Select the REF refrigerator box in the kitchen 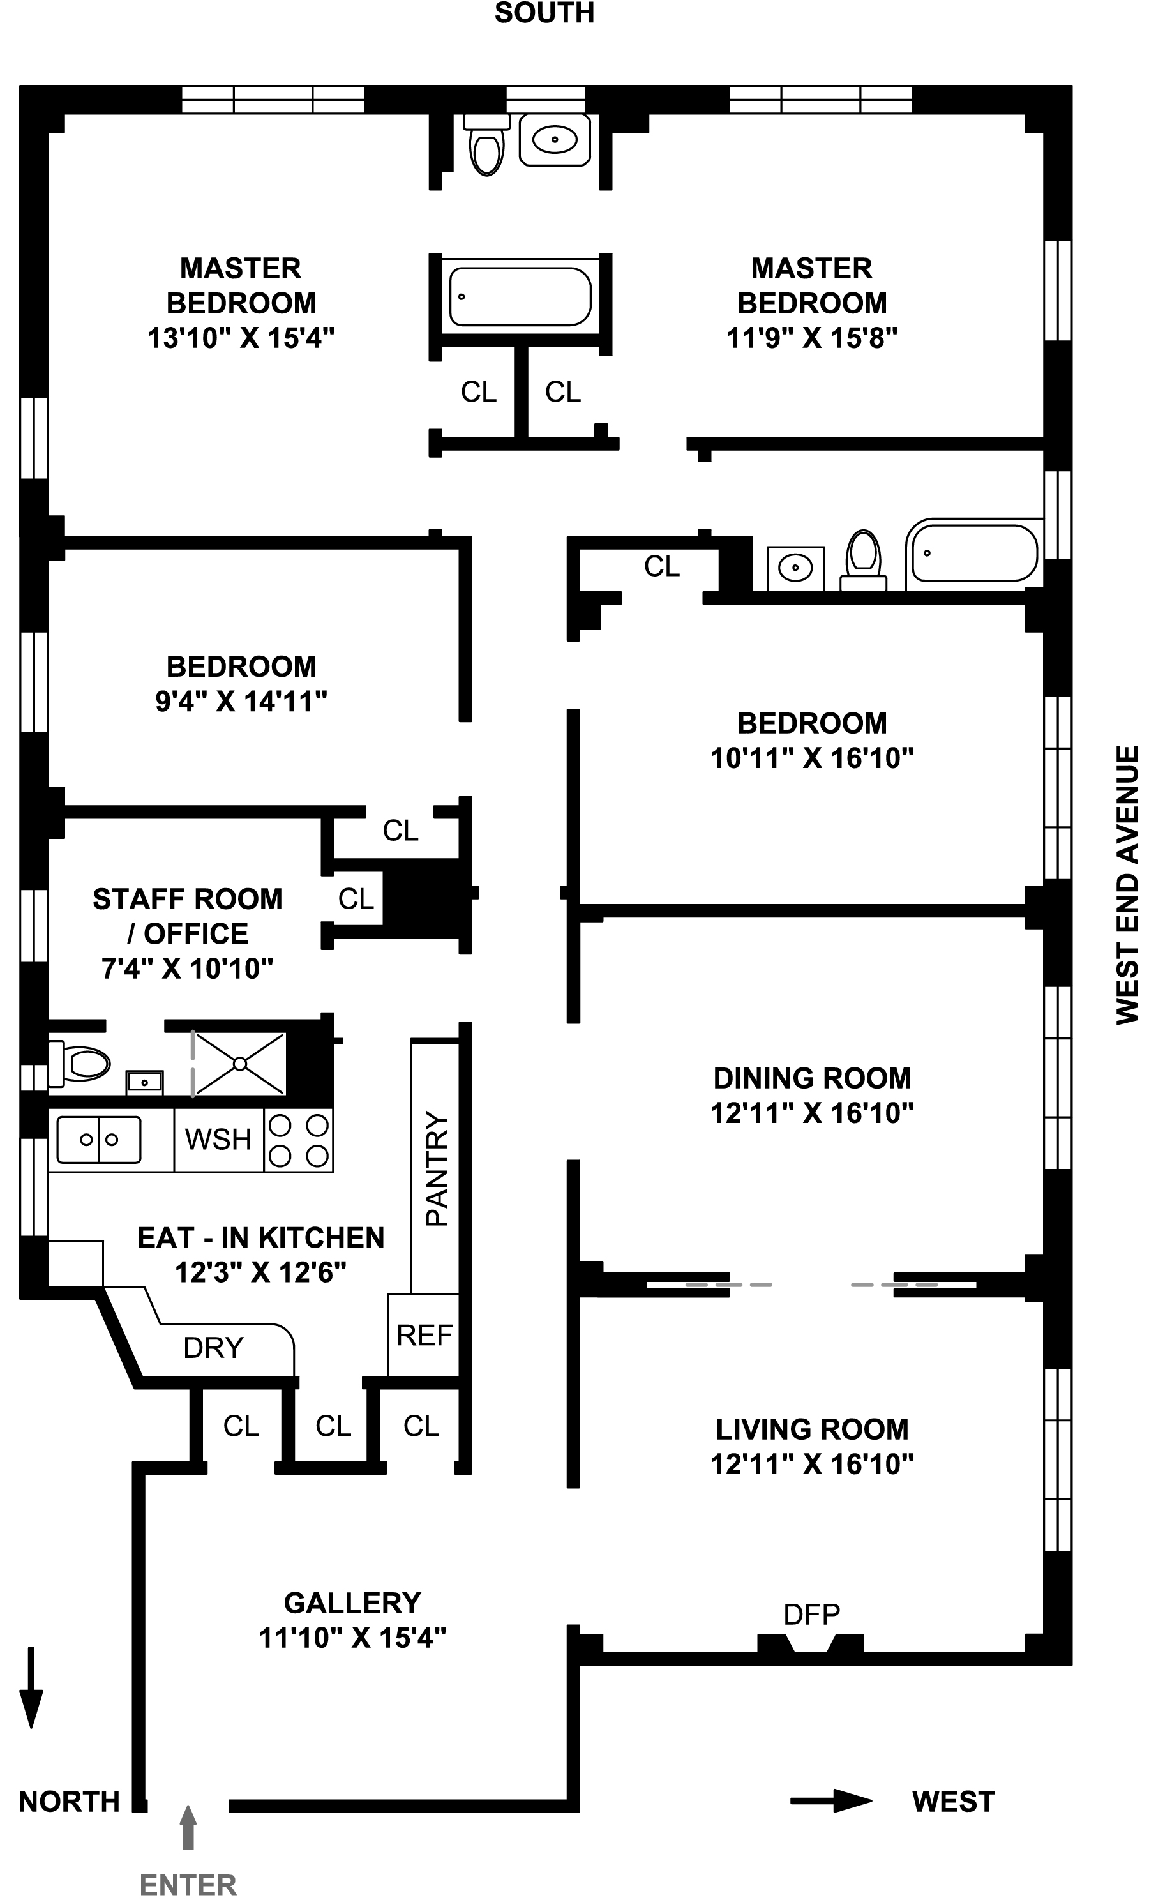point(423,1335)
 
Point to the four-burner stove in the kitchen point(299,1140)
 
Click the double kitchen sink point(100,1139)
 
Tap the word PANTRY point(437,1169)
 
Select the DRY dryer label point(213,1347)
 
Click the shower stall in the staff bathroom point(239,1064)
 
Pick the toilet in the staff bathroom point(79,1064)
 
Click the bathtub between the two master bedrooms point(520,296)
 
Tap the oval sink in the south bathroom point(555,140)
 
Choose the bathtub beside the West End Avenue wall point(974,553)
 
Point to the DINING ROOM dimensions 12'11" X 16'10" point(812,1113)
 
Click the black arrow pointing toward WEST point(831,1801)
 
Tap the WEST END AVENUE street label point(1127,884)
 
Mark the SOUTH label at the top point(544,13)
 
